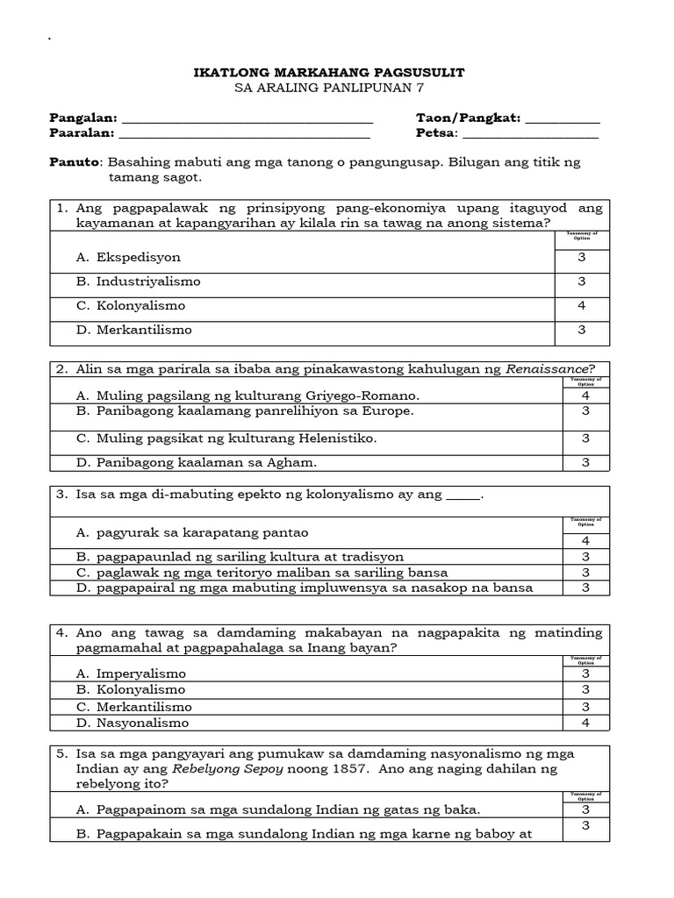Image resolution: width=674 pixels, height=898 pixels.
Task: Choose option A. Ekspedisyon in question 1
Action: pyautogui.click(x=128, y=258)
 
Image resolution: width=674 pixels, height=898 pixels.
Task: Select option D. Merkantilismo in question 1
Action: pyautogui.click(x=133, y=331)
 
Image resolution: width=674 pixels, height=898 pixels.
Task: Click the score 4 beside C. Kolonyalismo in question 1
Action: pyautogui.click(x=581, y=306)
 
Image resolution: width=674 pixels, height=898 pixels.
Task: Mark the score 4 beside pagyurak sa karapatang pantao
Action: pyautogui.click(x=581, y=541)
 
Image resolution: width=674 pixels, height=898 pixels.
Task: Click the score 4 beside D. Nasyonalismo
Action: pyautogui.click(x=581, y=723)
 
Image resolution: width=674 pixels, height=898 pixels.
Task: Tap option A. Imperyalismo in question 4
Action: pyautogui.click(x=132, y=674)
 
